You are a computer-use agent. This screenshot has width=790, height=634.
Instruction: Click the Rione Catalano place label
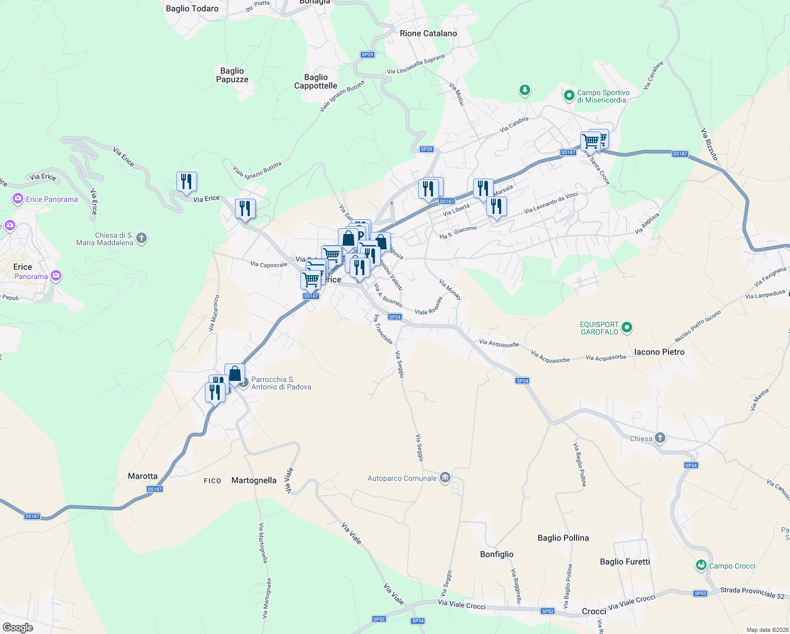click(x=428, y=33)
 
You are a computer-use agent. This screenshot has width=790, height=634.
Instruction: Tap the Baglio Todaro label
click(x=192, y=8)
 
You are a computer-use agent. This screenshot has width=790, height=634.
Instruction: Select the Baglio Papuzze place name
click(x=232, y=75)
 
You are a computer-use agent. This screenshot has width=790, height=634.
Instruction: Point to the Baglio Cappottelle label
click(x=316, y=81)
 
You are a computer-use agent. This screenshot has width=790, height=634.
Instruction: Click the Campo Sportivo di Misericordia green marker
click(x=569, y=96)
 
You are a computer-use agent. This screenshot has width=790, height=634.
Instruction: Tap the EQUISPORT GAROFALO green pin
click(x=627, y=328)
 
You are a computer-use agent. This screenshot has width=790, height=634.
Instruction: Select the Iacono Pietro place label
click(x=659, y=352)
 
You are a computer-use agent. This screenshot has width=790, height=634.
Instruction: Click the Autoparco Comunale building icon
click(x=445, y=478)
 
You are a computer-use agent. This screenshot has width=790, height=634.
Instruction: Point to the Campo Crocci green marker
click(x=701, y=566)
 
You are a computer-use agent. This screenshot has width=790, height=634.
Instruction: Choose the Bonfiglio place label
click(x=496, y=554)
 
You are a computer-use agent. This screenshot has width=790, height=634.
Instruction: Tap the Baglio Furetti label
click(x=625, y=562)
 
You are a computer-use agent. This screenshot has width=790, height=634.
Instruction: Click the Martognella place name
click(x=254, y=480)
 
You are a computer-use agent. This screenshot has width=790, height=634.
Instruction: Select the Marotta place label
click(x=143, y=476)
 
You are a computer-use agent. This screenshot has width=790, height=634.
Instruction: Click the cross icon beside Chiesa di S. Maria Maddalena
click(x=142, y=238)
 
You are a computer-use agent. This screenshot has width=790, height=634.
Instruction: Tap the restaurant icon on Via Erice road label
click(x=186, y=181)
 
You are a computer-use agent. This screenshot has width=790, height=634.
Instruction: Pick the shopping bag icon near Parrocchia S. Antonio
click(x=234, y=374)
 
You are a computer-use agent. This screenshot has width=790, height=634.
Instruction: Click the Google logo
click(x=18, y=628)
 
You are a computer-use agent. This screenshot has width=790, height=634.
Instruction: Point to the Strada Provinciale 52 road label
click(x=753, y=593)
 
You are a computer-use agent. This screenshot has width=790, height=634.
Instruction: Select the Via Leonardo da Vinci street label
click(x=551, y=203)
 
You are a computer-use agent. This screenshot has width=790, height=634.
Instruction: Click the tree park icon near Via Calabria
click(x=524, y=90)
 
